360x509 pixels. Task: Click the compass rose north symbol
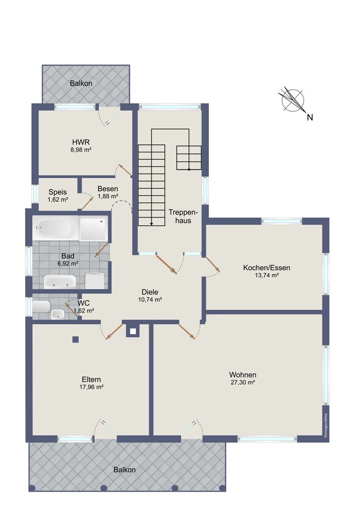pos(292,100)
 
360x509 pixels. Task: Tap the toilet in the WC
pos(41,307)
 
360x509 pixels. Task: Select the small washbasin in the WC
pos(58,314)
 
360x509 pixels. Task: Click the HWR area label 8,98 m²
pos(81,149)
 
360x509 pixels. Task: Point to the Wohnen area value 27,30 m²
pos(243,383)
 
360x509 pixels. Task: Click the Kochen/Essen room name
pos(267,268)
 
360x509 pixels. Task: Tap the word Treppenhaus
pos(183,216)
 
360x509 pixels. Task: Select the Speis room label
pos(58,192)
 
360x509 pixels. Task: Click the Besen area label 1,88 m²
pos(108,196)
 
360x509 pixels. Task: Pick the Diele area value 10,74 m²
pos(150,299)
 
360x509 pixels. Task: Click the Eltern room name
pos(91,380)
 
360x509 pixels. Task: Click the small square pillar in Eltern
pos(76,339)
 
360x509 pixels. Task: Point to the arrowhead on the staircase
pos(152,224)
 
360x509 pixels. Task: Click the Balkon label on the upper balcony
pos(81,84)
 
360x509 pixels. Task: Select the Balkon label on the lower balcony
pos(125,470)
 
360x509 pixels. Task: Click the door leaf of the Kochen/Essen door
pos(213,264)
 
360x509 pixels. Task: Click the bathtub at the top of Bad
pos(56,228)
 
